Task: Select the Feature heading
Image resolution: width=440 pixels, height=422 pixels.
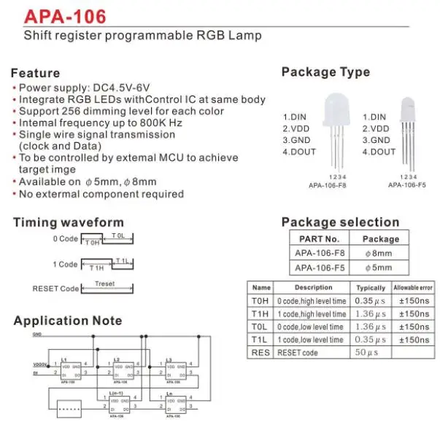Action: [x=36, y=73]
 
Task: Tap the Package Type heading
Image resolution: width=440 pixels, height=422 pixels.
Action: [x=325, y=72]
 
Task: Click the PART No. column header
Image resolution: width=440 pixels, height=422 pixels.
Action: [x=320, y=238]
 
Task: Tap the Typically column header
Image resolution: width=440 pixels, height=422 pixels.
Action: [x=371, y=288]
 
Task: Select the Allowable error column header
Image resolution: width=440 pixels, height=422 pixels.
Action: [x=416, y=288]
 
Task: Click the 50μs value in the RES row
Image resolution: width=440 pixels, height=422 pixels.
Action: [x=371, y=353]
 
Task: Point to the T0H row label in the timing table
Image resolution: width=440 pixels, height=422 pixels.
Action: [x=261, y=300]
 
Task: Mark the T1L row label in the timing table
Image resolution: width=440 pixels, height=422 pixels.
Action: [x=261, y=340]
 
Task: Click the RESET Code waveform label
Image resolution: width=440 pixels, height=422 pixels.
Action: [x=55, y=289]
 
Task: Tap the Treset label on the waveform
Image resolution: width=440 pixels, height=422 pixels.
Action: [x=105, y=284]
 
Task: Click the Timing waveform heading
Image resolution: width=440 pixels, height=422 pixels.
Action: [x=69, y=222]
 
